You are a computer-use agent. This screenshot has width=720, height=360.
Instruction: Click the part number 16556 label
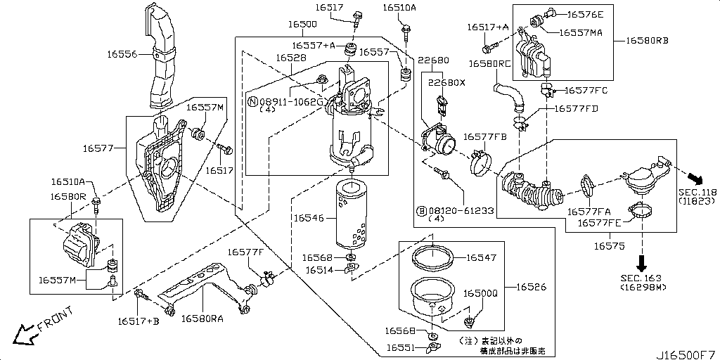click(122, 53)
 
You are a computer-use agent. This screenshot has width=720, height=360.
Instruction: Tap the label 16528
click(290, 58)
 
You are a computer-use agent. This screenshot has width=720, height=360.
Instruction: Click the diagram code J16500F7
click(686, 353)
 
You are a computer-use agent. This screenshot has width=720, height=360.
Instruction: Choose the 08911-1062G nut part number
click(290, 102)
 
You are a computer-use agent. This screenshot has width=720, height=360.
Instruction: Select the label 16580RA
click(202, 319)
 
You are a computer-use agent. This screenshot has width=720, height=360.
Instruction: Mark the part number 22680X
click(447, 82)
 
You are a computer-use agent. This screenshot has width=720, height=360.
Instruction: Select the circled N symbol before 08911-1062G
click(252, 102)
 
